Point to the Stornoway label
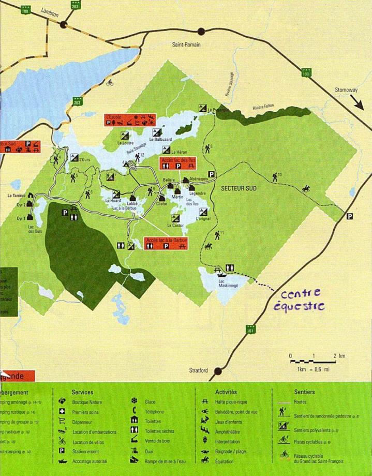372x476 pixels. (347, 90)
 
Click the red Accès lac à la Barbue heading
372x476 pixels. (166, 241)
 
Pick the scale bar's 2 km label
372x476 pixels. (339, 356)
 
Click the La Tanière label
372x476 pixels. (17, 196)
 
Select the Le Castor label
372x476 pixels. (175, 226)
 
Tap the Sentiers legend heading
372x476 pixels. (304, 393)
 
